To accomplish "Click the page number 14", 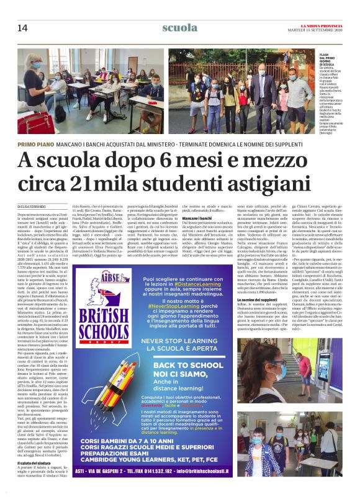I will [x=22, y=28].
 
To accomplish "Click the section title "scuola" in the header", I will [x=179, y=27].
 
